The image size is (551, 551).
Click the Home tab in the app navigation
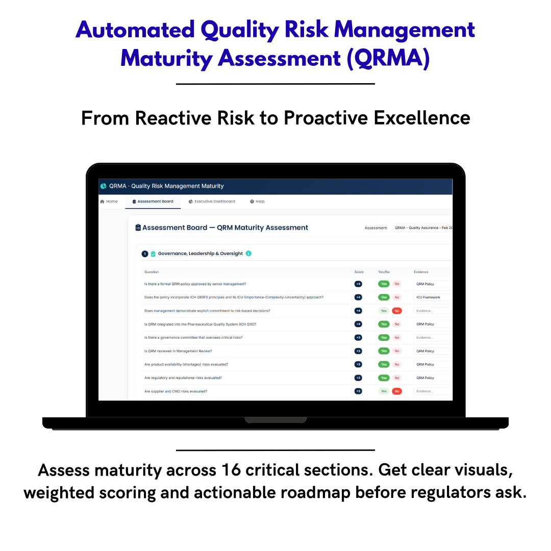point(109,202)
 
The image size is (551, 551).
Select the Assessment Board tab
point(153,202)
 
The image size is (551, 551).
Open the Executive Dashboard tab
point(212,202)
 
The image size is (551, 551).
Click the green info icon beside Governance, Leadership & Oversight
point(248,254)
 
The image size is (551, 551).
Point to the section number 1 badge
point(145,254)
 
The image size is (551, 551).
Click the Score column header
point(359,272)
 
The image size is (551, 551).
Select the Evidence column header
point(421,272)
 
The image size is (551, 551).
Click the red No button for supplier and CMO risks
point(397,391)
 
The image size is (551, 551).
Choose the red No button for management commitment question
point(397,311)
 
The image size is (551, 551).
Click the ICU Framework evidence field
point(432,297)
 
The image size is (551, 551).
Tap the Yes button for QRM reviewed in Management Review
point(384,351)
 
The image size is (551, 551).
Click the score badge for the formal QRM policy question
point(358,284)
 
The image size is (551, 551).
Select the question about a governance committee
point(193,338)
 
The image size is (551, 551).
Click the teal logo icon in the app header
point(104,186)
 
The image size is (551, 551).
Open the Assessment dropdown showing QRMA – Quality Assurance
point(422,228)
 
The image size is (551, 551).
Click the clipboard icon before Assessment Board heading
point(138,228)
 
